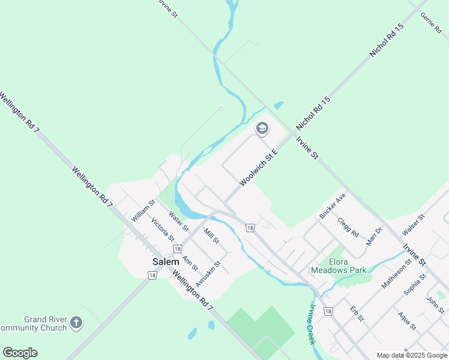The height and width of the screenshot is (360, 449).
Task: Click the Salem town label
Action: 166,262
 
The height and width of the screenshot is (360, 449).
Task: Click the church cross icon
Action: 76,323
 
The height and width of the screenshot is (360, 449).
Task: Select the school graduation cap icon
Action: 262,128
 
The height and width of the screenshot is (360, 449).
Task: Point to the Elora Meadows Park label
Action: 339,266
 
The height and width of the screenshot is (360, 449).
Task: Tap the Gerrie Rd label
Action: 432,23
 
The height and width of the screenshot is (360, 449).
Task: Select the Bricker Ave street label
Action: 333,205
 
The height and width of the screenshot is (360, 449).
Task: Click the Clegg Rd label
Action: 348,227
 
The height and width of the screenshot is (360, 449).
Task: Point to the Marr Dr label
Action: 374,236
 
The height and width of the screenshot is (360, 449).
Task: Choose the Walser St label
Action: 414,224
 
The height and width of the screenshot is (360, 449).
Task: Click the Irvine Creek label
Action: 312,325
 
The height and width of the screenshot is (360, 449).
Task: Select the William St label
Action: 143,211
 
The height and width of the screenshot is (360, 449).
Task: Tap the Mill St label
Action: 212,235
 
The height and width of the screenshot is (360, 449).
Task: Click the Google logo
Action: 20,353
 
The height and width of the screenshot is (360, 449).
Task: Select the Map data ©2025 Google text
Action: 412,355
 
